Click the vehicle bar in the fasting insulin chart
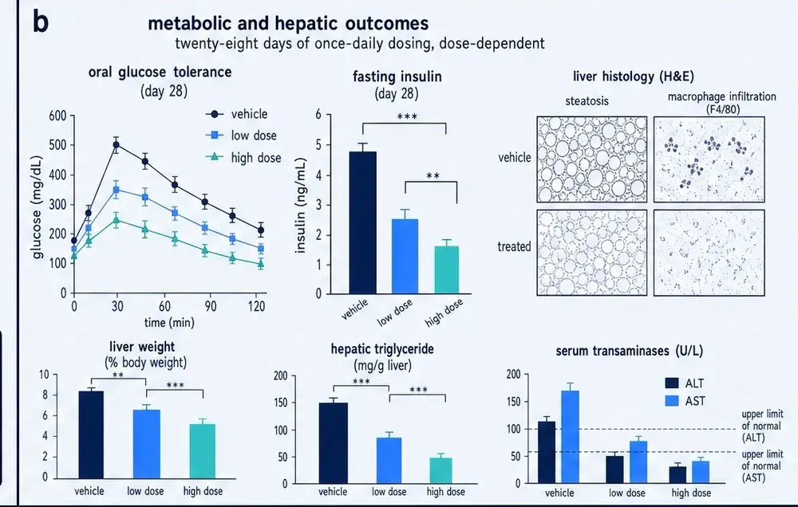pyautogui.click(x=363, y=222)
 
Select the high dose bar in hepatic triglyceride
pyautogui.click(x=440, y=470)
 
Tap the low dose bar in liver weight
pyautogui.click(x=147, y=444)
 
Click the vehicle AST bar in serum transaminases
pyautogui.click(x=570, y=437)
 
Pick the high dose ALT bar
pyautogui.click(x=678, y=475)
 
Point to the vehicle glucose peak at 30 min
pyautogui.click(x=117, y=145)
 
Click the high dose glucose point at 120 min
pyautogui.click(x=261, y=264)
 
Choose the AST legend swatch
pyautogui.click(x=672, y=401)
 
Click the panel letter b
pyautogui.click(x=41, y=22)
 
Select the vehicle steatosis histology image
pyautogui.click(x=592, y=159)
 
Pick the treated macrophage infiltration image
pyautogui.click(x=709, y=253)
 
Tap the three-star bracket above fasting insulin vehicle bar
pyautogui.click(x=405, y=123)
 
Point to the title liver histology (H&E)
pyautogui.click(x=633, y=77)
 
